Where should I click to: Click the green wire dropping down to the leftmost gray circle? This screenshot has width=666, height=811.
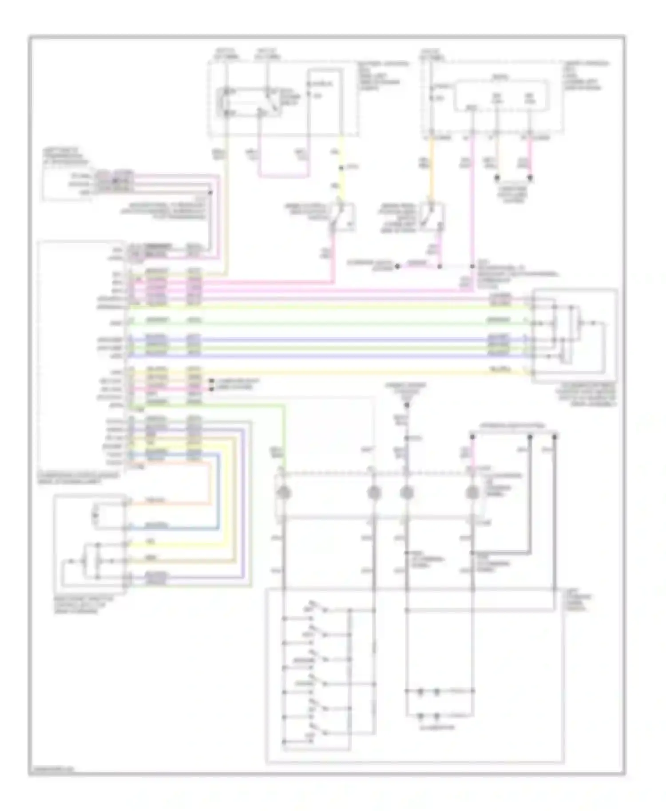pyautogui.click(x=284, y=439)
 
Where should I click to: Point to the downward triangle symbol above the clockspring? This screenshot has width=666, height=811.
pyautogui.click(x=406, y=405)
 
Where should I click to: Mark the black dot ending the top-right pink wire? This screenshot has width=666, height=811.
pyautogui.click(x=530, y=178)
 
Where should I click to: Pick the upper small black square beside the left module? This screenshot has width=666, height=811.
pyautogui.click(x=212, y=381)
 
